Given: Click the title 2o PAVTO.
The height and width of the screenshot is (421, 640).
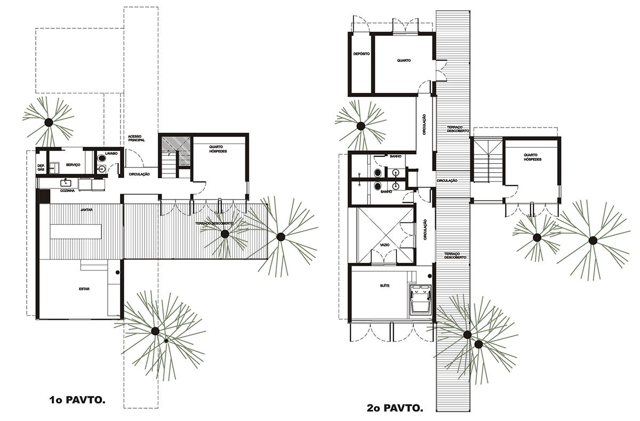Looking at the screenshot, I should (x=395, y=409).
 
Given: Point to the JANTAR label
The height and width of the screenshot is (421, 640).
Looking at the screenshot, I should (x=86, y=210).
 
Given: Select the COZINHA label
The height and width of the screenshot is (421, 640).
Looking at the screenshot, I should (x=67, y=190).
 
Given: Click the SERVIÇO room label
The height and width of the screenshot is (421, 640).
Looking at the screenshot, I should (x=73, y=165).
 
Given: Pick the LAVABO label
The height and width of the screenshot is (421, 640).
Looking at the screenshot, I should (x=111, y=153).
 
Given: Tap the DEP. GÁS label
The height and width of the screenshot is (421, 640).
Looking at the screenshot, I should (x=41, y=168).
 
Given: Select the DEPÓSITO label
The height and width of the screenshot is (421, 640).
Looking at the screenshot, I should (x=361, y=54).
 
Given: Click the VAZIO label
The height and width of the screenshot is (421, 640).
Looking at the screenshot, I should (x=385, y=244).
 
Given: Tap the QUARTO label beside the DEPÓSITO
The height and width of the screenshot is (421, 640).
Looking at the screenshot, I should (x=404, y=60).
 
